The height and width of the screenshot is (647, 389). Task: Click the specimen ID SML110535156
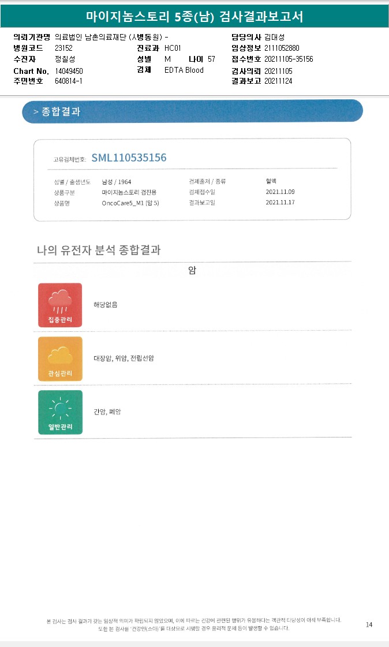129,158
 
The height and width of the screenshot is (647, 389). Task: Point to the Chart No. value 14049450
69,70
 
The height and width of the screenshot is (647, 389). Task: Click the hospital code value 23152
63,48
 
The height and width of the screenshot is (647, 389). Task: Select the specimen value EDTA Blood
184,70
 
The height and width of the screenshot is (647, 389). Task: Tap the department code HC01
173,48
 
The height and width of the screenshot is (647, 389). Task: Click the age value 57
211,59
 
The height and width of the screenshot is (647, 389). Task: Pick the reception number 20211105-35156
289,59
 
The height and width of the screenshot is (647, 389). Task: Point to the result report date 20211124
278,81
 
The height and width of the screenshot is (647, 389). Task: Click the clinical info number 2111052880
282,48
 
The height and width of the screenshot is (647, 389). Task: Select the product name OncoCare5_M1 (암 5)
130,203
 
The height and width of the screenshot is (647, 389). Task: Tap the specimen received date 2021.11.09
280,192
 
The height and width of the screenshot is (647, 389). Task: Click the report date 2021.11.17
280,203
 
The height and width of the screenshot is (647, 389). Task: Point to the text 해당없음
106,304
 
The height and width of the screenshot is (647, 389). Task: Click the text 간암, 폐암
107,412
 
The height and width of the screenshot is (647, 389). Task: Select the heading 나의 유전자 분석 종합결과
99,250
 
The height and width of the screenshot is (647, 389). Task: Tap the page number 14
369,624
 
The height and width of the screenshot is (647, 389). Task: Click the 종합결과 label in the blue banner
61,111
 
